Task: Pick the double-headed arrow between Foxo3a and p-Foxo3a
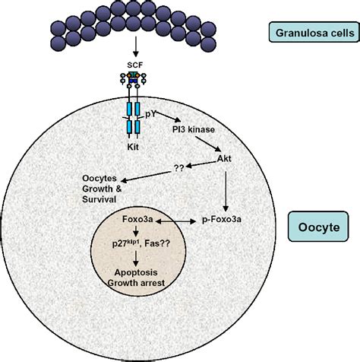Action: (x=182, y=218)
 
